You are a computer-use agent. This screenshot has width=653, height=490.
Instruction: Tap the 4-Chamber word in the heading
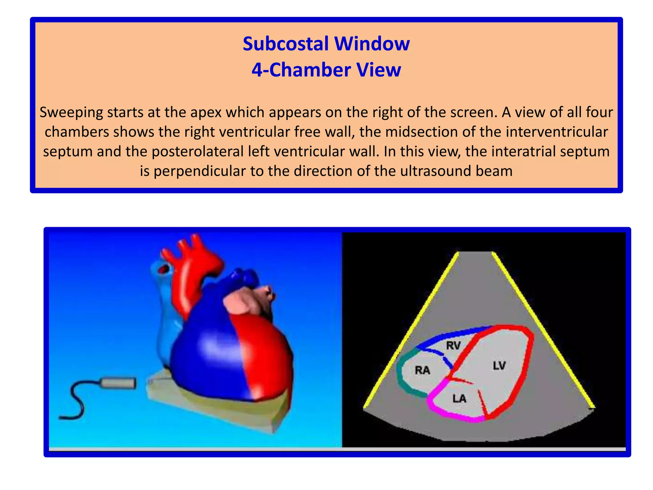coord(299,70)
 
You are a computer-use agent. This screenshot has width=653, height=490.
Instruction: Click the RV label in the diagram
coord(453,345)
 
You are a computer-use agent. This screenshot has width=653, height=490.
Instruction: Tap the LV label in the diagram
coord(499,366)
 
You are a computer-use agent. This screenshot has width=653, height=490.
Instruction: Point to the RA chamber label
coord(422,370)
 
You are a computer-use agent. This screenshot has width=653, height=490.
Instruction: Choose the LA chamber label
coord(459,398)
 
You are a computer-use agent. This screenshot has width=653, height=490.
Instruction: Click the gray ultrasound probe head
coord(118,383)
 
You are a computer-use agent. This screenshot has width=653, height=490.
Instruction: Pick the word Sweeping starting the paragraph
coord(71,112)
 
